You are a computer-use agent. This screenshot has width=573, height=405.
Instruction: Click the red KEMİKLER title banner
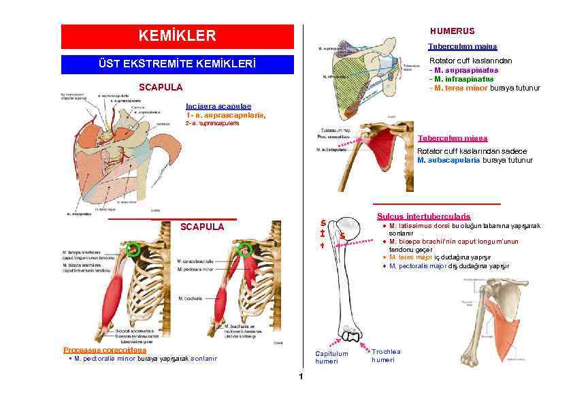(177, 36)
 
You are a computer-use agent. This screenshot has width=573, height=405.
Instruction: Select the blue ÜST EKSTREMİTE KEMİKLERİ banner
(177, 65)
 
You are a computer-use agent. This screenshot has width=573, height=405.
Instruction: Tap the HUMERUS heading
(453, 31)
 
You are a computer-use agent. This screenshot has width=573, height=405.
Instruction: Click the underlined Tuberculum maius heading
(462, 46)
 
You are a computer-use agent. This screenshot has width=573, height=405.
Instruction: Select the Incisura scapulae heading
(218, 106)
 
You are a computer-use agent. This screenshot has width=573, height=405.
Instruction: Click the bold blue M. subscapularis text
(449, 161)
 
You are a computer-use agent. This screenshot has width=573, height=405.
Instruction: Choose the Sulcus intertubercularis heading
(433, 216)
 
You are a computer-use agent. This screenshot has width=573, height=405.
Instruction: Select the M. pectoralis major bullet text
(419, 266)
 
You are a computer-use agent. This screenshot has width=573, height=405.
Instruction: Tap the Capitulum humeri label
(331, 357)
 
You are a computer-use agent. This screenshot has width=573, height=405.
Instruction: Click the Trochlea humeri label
(386, 355)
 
